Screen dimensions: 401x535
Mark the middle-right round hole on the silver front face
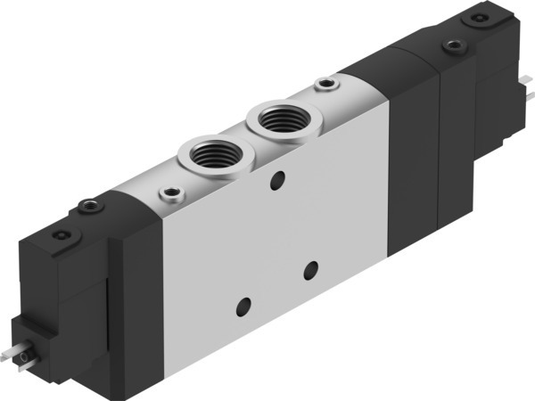[x=309, y=267]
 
